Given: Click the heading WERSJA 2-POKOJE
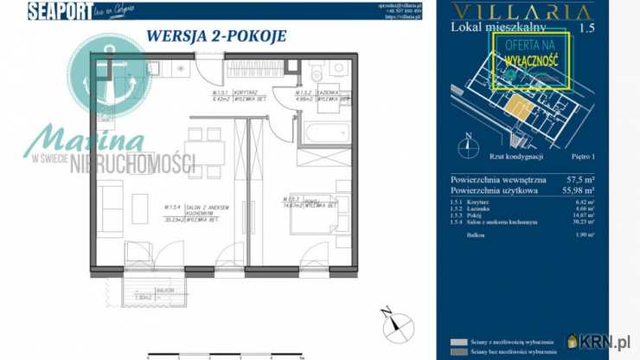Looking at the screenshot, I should pos(215,36).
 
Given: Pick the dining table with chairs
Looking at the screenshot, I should pos(204,151).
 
